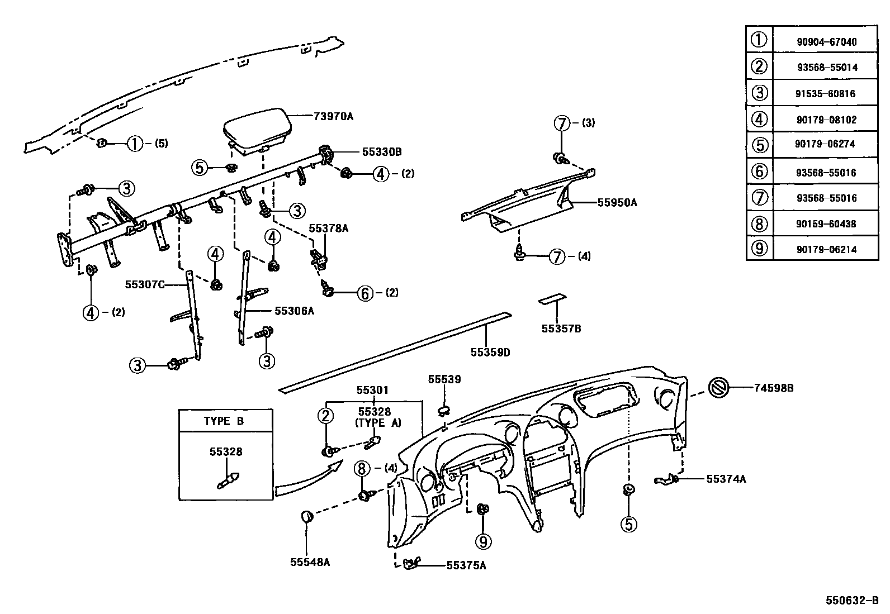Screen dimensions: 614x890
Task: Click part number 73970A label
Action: coord(333,116)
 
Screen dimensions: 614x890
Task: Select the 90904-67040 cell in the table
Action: coord(826,42)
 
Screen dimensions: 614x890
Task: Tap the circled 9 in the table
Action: coord(759,249)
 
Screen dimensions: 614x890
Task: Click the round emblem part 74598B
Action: coord(718,388)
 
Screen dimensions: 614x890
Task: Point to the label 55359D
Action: coord(490,353)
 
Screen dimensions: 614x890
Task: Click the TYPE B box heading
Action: coord(224,421)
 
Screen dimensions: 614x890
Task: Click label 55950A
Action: coord(617,203)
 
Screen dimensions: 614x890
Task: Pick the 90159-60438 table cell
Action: coord(826,224)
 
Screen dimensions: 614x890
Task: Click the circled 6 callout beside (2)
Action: coord(365,293)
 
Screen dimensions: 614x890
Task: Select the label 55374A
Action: coord(726,479)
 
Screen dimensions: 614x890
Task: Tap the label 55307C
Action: coord(144,284)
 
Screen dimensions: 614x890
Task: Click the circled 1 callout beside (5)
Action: coord(135,144)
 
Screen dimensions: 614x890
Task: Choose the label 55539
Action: coord(444,379)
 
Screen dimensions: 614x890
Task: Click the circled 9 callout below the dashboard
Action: coord(482,541)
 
